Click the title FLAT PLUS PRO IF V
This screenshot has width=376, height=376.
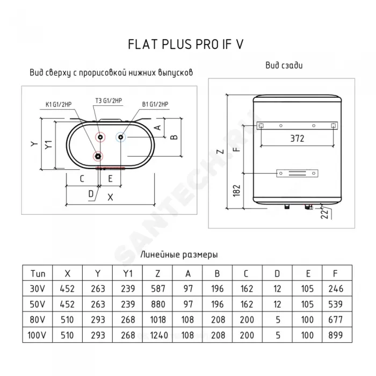point(186,45)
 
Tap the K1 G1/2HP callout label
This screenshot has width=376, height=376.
point(59,105)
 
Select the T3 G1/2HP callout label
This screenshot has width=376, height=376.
point(109,101)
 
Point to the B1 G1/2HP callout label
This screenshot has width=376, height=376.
point(155,104)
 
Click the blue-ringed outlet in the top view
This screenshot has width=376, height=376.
point(121,137)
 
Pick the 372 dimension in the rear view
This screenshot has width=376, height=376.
point(297,139)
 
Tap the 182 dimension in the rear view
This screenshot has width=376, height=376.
point(237,190)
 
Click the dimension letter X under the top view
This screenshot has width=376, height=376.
point(110,197)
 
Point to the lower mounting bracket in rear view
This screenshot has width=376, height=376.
point(298,173)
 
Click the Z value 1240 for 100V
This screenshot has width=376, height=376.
point(158,335)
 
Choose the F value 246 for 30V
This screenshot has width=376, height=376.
point(336,289)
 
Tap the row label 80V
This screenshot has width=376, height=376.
point(38,320)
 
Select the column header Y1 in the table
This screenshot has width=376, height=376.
point(128,273)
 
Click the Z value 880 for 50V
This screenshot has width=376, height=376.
point(158,305)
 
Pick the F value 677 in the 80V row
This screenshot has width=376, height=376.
point(336,320)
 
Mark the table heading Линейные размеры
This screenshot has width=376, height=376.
point(179,255)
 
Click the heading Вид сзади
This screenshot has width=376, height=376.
point(284,66)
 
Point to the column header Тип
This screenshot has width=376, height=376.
point(38,273)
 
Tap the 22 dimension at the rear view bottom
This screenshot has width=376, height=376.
point(324,214)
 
